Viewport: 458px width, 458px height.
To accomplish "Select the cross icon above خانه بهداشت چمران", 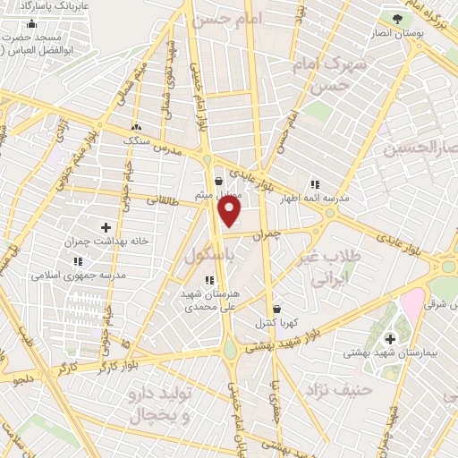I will pyautogui.click(x=106, y=227).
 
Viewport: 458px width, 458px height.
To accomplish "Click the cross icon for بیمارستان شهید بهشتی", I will pyautogui.click(x=390, y=338).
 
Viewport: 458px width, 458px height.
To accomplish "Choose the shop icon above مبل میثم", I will pyautogui.click(x=218, y=180).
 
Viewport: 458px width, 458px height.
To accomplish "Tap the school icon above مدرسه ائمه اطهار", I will pyautogui.click(x=314, y=184).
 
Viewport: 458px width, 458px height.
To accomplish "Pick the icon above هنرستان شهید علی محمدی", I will pyautogui.click(x=209, y=281).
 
